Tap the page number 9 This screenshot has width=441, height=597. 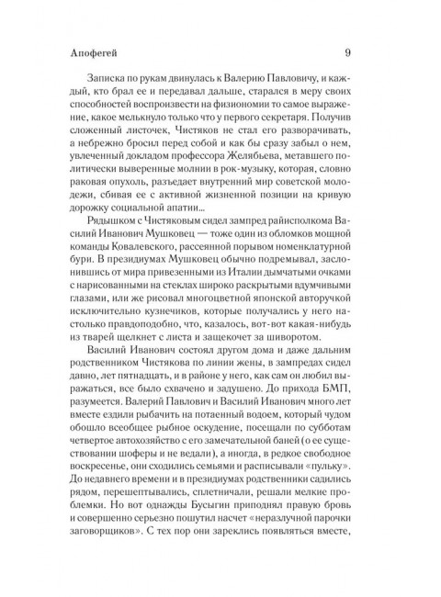pyautogui.click(x=344, y=51)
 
